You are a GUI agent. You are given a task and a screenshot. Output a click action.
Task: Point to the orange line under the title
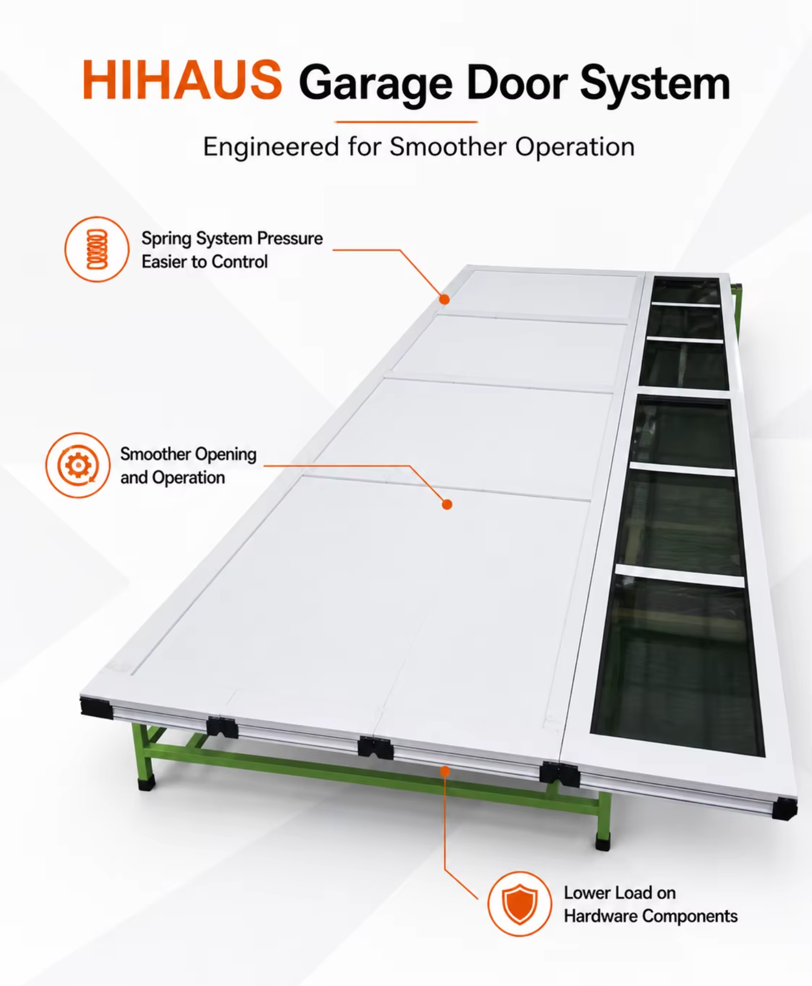[406, 122]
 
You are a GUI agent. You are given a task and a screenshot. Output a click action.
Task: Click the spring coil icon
[97, 249]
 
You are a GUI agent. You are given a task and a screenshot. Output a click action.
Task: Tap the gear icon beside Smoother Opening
[78, 465]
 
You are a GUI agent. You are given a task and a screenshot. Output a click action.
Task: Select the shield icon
[519, 904]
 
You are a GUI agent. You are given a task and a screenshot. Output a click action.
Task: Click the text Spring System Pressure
[232, 239]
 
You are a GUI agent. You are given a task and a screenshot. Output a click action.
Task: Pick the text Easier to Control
[205, 262]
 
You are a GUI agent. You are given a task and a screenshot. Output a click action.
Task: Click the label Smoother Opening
[188, 455]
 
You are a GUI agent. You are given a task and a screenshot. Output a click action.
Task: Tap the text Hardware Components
[651, 916]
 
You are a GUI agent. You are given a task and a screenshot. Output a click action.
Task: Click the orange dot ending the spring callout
[444, 299]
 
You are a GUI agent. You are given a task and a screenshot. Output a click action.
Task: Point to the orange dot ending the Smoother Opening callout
[447, 504]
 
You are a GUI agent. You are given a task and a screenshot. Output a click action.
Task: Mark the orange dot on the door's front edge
[445, 771]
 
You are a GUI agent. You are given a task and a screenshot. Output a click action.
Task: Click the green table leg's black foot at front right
[603, 841]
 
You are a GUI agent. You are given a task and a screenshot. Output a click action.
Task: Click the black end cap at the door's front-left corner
[96, 707]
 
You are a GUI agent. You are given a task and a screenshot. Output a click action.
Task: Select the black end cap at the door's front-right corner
[784, 808]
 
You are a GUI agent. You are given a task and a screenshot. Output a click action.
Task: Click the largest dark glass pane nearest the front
[678, 665]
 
